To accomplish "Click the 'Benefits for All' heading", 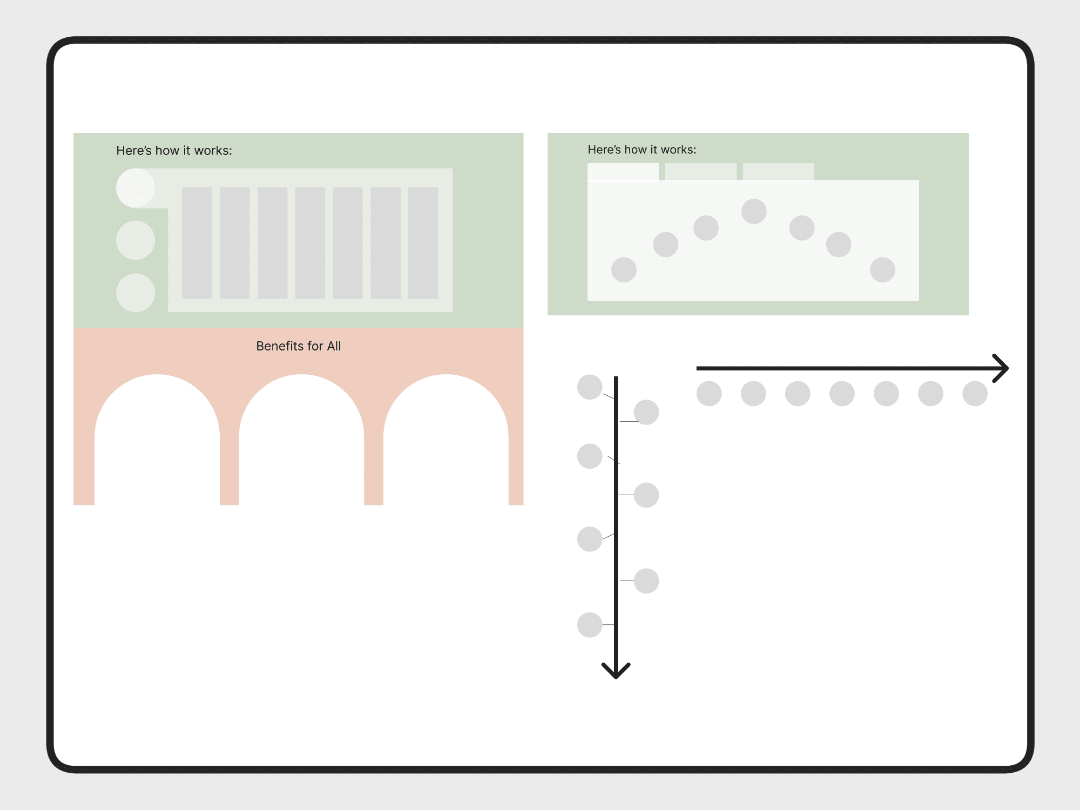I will pyautogui.click(x=298, y=346).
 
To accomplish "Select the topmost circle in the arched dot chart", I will pyautogui.click(x=754, y=211).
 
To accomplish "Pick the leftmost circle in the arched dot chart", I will pyautogui.click(x=624, y=269).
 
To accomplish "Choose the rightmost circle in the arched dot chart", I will pyautogui.click(x=882, y=269).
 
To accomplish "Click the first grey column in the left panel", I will pyautogui.click(x=197, y=242).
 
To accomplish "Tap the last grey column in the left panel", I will pyautogui.click(x=423, y=242).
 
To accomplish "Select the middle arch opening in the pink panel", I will pyautogui.click(x=301, y=440).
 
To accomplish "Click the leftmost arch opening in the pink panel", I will pyautogui.click(x=157, y=440).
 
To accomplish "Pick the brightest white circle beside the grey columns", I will pyautogui.click(x=136, y=188).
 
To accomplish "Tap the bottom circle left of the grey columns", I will pyautogui.click(x=136, y=293).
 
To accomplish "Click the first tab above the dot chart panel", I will pyautogui.click(x=623, y=171).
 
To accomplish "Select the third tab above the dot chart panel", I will pyautogui.click(x=778, y=171).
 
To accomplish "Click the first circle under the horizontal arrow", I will pyautogui.click(x=709, y=393).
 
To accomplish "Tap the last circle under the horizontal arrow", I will pyautogui.click(x=975, y=393).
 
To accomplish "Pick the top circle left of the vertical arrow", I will pyautogui.click(x=590, y=387).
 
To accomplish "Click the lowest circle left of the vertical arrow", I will pyautogui.click(x=590, y=625).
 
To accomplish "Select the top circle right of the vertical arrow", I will pyautogui.click(x=646, y=413).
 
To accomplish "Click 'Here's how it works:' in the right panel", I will pyautogui.click(x=642, y=150).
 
